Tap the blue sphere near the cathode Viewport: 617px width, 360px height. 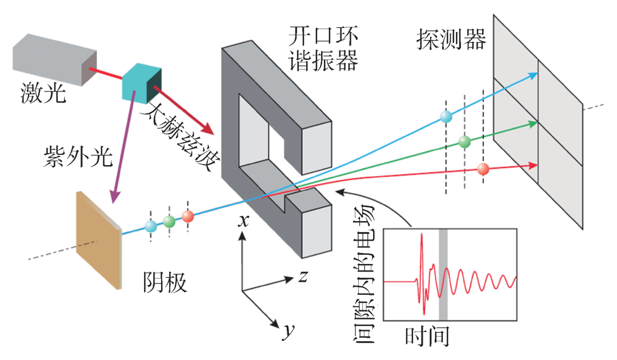(x=151, y=226)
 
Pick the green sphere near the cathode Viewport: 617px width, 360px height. (x=169, y=221)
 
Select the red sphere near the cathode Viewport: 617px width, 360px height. (x=187, y=217)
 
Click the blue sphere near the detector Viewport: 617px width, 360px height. (x=446, y=117)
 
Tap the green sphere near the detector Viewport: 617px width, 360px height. (x=464, y=141)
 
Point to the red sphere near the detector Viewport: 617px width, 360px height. (x=483, y=169)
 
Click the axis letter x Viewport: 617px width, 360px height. (x=243, y=221)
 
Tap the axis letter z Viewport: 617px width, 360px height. (x=303, y=277)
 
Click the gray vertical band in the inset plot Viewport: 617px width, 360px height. (x=443, y=274)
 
